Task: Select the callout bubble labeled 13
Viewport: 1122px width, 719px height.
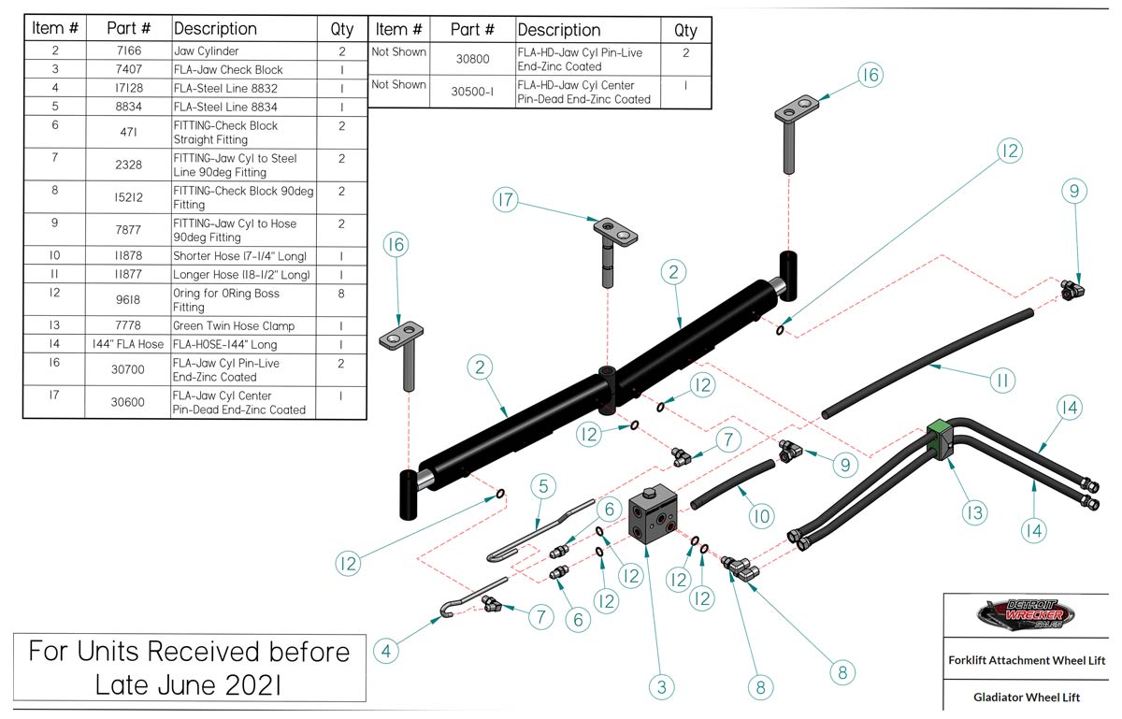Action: tap(974, 511)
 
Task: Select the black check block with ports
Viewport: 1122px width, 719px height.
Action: tap(654, 516)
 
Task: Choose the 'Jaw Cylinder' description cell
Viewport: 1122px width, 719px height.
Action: tap(206, 52)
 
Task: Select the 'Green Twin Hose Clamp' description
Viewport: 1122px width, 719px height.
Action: tap(234, 326)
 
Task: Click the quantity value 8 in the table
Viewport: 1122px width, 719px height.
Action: tap(342, 294)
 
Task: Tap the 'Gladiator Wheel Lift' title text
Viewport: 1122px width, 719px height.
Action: tap(1026, 697)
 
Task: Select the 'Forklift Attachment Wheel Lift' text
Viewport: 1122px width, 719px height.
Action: tap(1026, 660)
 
